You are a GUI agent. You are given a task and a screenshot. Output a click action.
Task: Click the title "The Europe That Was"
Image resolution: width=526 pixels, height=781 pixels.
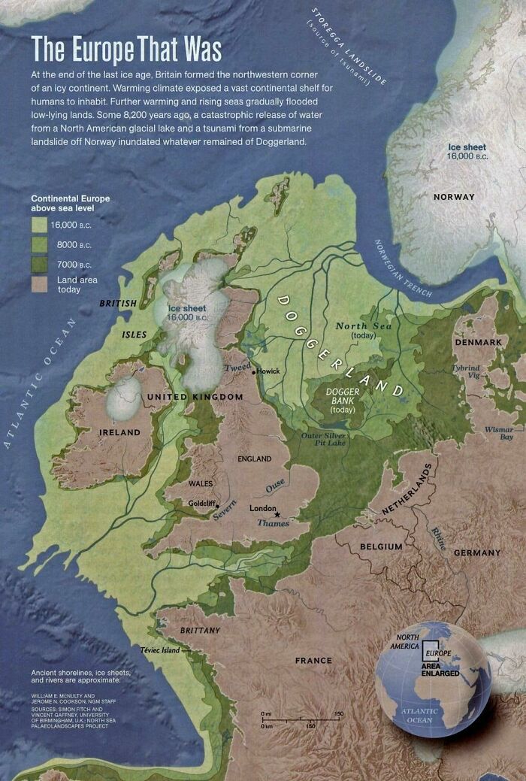click(126, 49)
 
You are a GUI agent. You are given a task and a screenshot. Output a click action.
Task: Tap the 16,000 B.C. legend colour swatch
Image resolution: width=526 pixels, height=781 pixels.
click(40, 224)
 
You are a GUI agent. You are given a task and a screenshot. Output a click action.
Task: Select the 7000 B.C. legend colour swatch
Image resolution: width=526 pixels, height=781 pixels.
click(40, 264)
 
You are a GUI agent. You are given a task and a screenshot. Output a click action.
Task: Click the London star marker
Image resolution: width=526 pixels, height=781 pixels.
click(277, 514)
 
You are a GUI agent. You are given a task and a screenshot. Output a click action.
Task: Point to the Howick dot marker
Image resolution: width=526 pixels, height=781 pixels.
click(253, 371)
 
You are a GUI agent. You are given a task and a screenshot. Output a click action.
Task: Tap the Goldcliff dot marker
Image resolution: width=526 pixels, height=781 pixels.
click(217, 505)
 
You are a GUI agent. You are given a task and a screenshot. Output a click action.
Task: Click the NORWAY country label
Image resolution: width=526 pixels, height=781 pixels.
click(454, 197)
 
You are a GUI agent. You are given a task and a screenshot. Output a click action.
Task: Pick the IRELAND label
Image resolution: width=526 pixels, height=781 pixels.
click(120, 433)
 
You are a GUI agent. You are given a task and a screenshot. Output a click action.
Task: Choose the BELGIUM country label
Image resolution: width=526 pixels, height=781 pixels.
click(381, 546)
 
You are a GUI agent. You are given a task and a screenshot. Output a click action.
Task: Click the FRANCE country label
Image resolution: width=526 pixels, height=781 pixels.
click(313, 661)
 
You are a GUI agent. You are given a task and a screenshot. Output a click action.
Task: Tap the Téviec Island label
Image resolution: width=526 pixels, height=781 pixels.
click(160, 649)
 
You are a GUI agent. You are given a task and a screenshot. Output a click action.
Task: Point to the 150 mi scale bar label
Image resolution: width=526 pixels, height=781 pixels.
click(338, 713)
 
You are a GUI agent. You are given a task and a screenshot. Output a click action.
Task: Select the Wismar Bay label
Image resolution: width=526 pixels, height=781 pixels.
click(499, 432)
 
